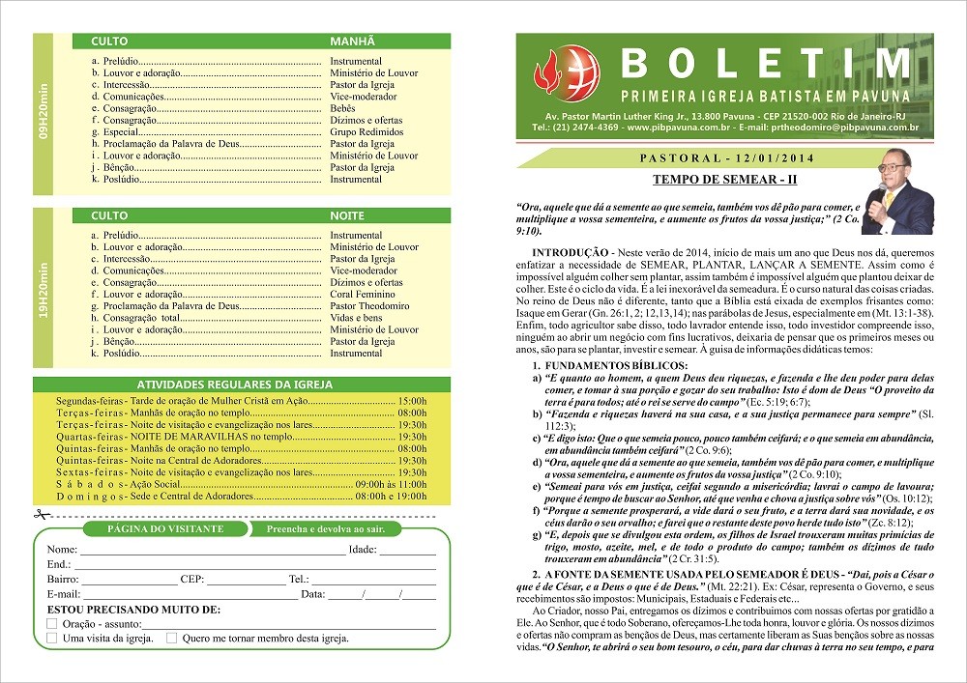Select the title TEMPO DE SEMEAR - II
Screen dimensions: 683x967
coord(724,180)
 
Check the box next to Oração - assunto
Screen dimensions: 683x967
coord(52,624)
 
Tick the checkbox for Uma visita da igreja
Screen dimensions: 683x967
coord(52,638)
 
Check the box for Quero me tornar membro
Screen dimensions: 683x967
coord(171,638)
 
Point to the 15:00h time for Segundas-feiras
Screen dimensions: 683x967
coord(412,400)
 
